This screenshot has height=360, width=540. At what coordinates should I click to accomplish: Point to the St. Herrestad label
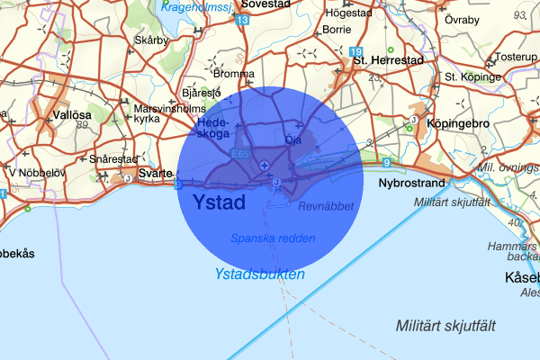pos(388,61)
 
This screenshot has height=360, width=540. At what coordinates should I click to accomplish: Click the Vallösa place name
pos(72,115)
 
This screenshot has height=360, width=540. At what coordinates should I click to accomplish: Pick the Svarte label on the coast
pos(154,172)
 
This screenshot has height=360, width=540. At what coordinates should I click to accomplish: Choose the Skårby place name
pos(150,40)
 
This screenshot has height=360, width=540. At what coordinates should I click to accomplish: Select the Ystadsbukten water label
pos(260,274)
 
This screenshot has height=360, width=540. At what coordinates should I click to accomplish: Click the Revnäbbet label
pos(326,206)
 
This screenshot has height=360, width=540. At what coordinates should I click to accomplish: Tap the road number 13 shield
pos(243,19)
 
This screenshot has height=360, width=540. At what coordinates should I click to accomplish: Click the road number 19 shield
pos(356,52)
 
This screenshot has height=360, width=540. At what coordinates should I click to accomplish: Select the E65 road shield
pos(238,155)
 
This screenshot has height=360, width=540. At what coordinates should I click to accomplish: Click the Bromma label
pos(234,74)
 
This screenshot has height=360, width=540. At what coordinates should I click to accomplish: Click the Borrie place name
pos(337,29)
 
